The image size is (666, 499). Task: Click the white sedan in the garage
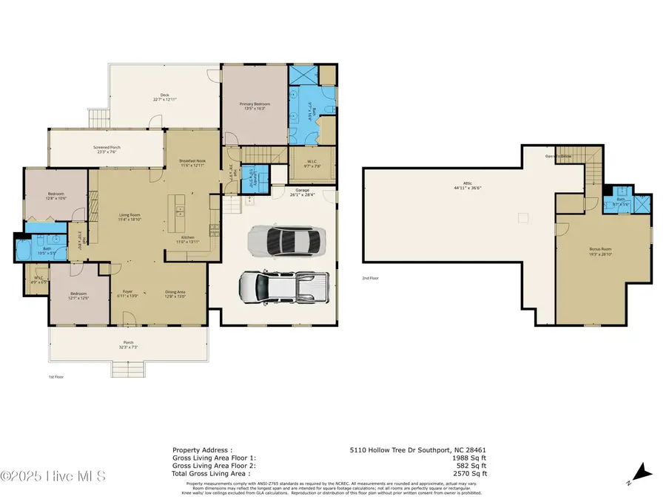pyautogui.click(x=286, y=240)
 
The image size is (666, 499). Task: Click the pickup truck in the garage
pyautogui.click(x=284, y=286)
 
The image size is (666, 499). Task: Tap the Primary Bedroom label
pyautogui.click(x=255, y=104)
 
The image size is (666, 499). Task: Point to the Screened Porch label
pyautogui.click(x=107, y=148)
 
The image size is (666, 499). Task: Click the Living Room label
pyautogui.click(x=129, y=217)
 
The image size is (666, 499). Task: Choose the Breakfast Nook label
pyautogui.click(x=192, y=161)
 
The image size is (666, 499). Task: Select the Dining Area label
pyautogui.click(x=175, y=292)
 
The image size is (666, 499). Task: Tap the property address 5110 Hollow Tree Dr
pyautogui.click(x=417, y=449)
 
